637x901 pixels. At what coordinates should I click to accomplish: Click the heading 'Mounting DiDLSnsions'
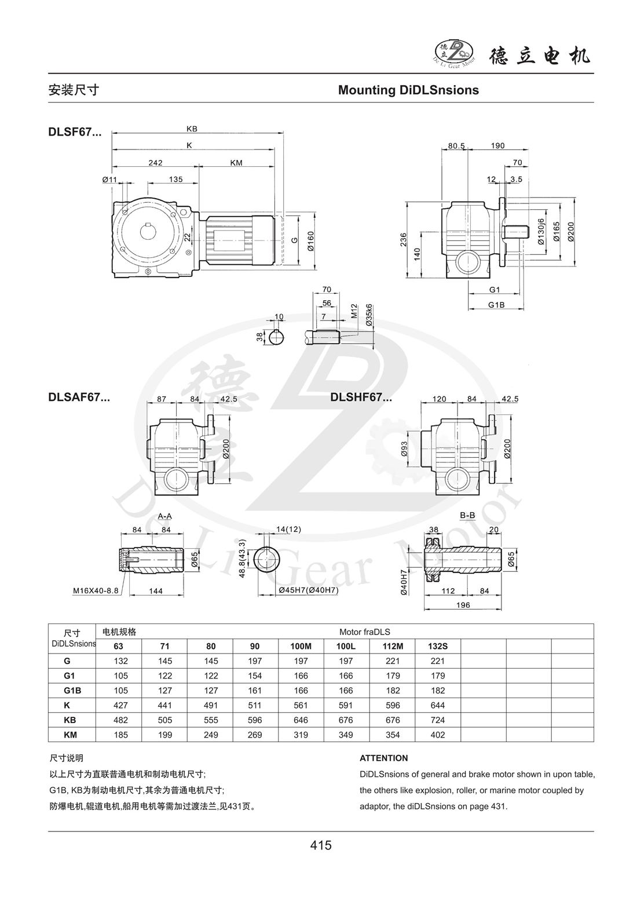pyautogui.click(x=408, y=90)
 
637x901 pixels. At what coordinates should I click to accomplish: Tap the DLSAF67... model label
pyautogui.click(x=79, y=397)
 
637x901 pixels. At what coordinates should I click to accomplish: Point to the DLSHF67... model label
pyautogui.click(x=361, y=397)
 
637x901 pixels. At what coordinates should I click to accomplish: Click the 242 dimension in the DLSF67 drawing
pyautogui.click(x=155, y=163)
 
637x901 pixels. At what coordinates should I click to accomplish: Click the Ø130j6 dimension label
pyautogui.click(x=540, y=232)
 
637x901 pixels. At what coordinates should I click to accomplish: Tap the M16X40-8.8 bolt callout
pyautogui.click(x=96, y=591)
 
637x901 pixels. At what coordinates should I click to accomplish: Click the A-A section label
pyautogui.click(x=165, y=516)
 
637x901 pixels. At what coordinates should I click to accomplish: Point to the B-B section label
pyautogui.click(x=467, y=515)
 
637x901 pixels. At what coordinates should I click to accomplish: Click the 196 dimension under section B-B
pyautogui.click(x=463, y=605)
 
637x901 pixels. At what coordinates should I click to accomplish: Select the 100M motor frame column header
pyautogui.click(x=301, y=646)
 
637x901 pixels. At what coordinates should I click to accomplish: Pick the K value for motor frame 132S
pyautogui.click(x=438, y=705)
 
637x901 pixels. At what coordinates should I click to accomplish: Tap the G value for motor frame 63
pyautogui.click(x=120, y=661)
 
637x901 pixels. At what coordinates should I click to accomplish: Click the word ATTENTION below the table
pyautogui.click(x=383, y=758)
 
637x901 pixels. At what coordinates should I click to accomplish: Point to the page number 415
pyautogui.click(x=320, y=845)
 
